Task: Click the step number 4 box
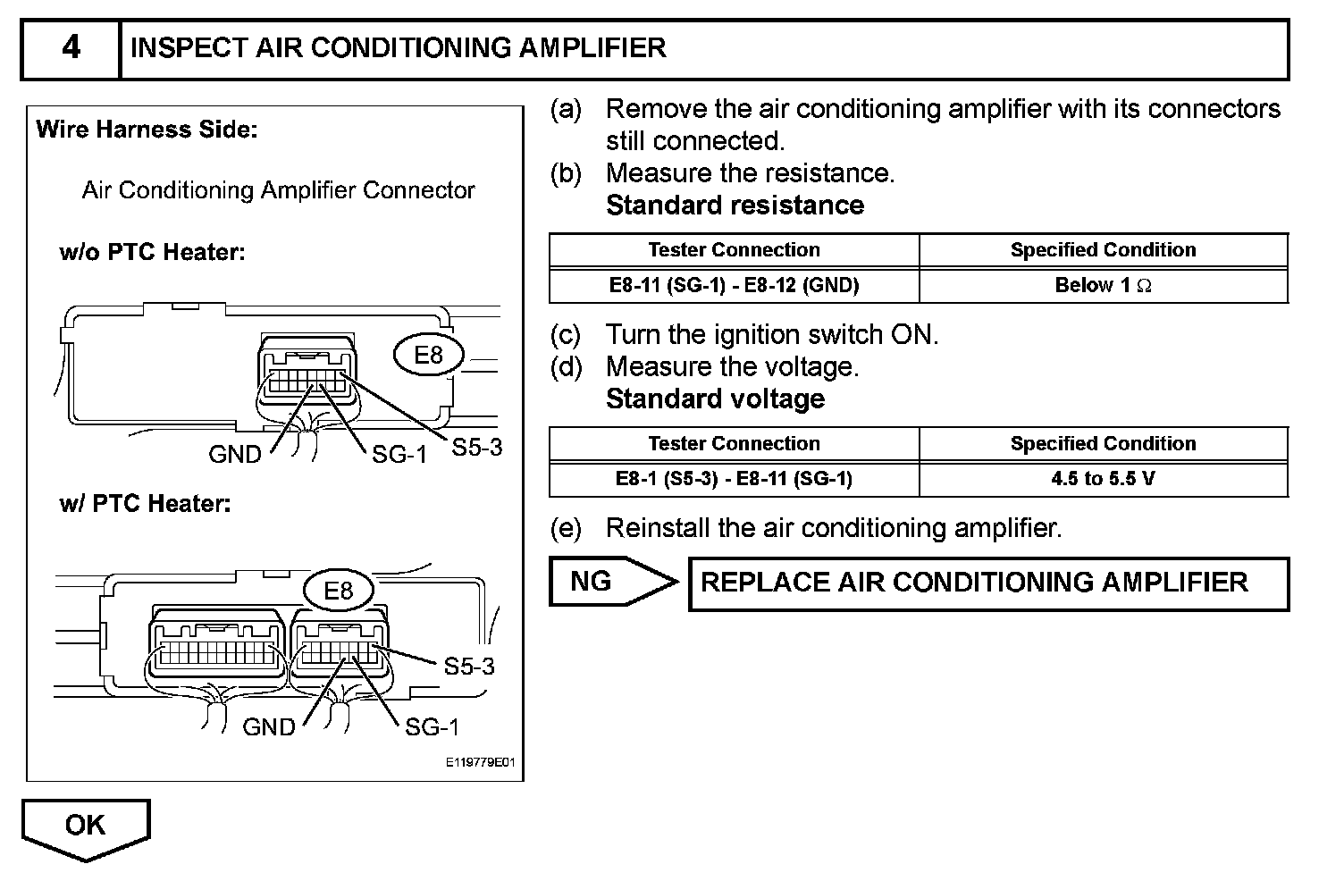[x=71, y=47]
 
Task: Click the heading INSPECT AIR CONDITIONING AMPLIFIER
[x=399, y=47]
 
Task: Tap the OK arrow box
[x=85, y=826]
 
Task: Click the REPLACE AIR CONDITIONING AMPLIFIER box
[x=974, y=583]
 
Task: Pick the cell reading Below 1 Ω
[x=1103, y=285]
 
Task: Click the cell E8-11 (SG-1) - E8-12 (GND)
[x=734, y=285]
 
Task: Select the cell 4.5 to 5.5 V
[x=1103, y=479]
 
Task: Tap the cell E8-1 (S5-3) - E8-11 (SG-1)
[x=734, y=479]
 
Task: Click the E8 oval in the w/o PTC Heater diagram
[x=428, y=356]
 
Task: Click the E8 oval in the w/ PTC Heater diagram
[x=339, y=591]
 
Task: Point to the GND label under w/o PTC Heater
[x=234, y=455]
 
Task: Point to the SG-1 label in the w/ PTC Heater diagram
[x=432, y=727]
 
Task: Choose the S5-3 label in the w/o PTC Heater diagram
[x=476, y=448]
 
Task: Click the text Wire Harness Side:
[x=147, y=130]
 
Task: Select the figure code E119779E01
[x=480, y=764]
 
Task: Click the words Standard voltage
[x=715, y=399]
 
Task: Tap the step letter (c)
[x=566, y=335]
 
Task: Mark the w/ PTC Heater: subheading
[x=145, y=504]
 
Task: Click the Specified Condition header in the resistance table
[x=1103, y=250]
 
